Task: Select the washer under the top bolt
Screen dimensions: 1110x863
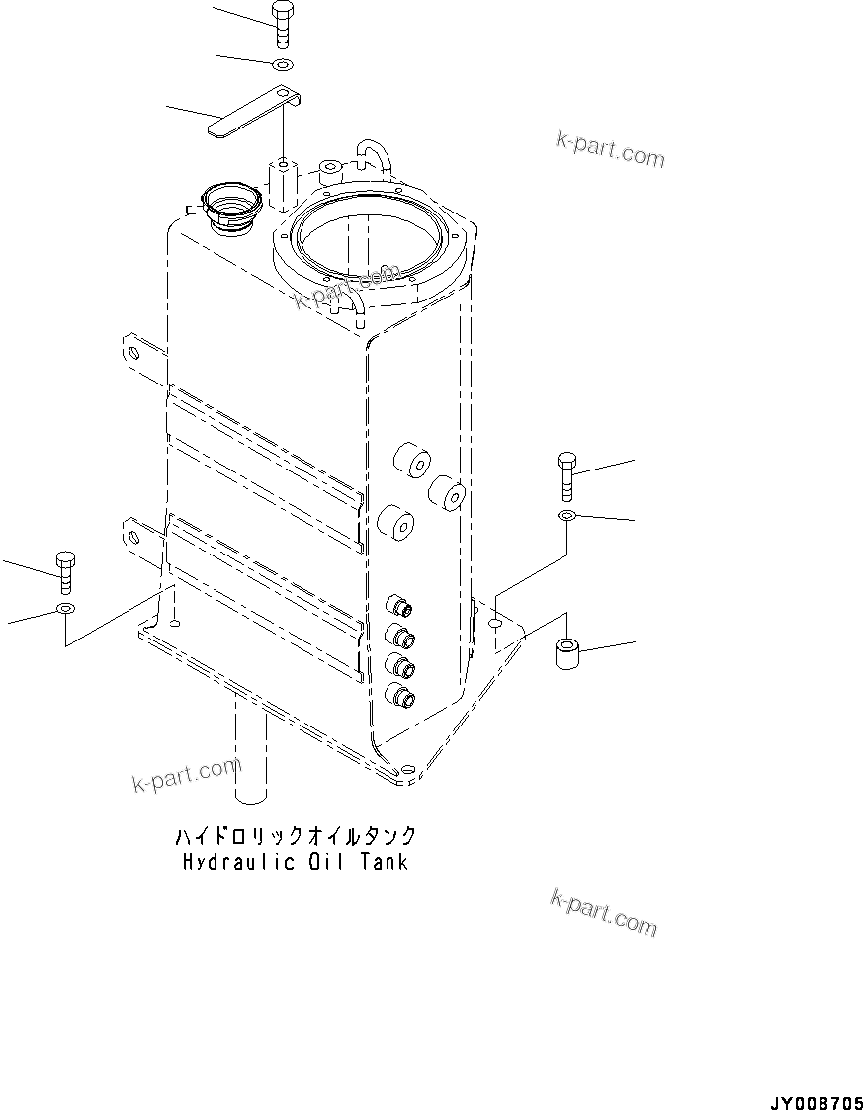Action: point(282,66)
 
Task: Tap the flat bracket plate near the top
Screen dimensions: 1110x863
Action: point(252,111)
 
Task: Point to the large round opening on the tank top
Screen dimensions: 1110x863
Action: point(367,243)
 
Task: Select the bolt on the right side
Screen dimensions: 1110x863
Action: point(566,475)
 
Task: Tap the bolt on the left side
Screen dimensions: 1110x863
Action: point(66,572)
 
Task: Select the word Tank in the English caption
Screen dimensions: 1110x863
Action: point(377,862)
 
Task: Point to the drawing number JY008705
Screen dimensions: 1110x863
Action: point(812,1100)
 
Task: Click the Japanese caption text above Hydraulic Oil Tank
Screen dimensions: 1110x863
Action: point(296,837)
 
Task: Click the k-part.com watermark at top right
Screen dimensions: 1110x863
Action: point(609,149)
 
